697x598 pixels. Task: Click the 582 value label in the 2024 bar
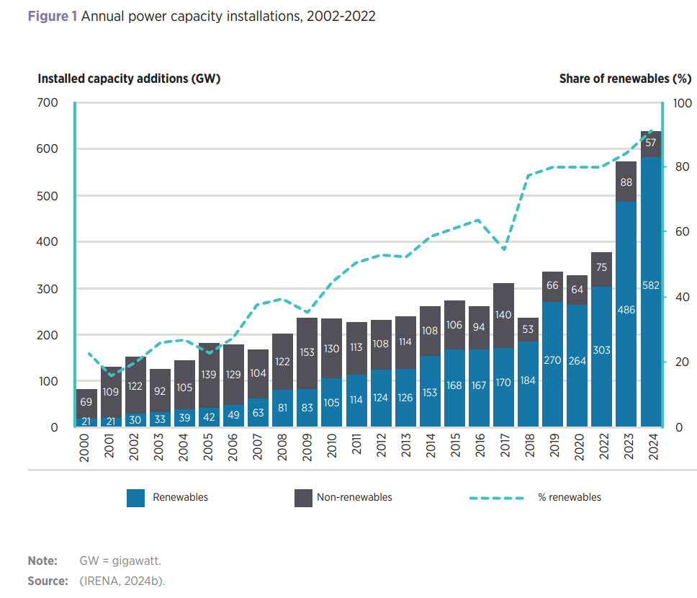pyautogui.click(x=651, y=285)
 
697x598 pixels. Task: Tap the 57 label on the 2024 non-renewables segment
pyautogui.click(x=651, y=143)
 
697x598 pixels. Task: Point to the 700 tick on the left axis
pyautogui.click(x=48, y=103)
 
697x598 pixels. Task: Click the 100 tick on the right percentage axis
pyautogui.click(x=681, y=103)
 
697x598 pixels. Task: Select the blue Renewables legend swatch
pyautogui.click(x=135, y=498)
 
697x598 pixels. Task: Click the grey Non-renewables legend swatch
pyautogui.click(x=303, y=498)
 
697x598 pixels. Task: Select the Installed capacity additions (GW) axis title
pyautogui.click(x=129, y=79)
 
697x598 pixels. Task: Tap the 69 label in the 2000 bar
pyautogui.click(x=86, y=401)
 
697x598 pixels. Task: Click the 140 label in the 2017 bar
pyautogui.click(x=503, y=314)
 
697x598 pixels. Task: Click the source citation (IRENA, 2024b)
pyautogui.click(x=122, y=581)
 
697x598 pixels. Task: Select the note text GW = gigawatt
pyautogui.click(x=120, y=561)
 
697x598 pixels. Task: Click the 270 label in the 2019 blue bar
pyautogui.click(x=552, y=360)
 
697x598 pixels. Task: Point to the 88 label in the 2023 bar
pyautogui.click(x=626, y=182)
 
